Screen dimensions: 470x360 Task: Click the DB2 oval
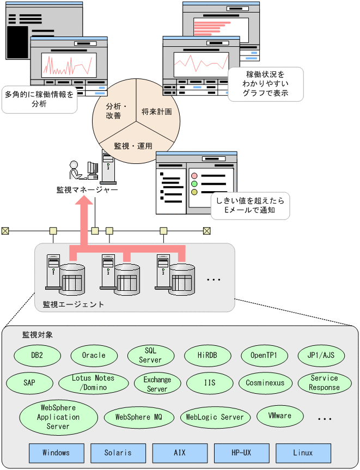point(37,355)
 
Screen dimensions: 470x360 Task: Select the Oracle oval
point(94,355)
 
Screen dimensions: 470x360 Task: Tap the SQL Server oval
point(150,355)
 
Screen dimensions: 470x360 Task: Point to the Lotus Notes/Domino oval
point(93,383)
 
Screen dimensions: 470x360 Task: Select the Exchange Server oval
point(157,383)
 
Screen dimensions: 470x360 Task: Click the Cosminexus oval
point(265,383)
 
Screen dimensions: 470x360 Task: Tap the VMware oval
point(280,416)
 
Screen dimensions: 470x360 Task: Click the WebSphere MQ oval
point(139,417)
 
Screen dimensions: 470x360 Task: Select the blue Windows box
point(56,453)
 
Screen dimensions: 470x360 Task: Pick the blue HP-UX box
point(241,453)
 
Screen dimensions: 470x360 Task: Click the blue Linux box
point(303,453)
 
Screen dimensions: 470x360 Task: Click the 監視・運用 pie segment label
point(133,146)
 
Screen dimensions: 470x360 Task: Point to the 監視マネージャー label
point(87,189)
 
